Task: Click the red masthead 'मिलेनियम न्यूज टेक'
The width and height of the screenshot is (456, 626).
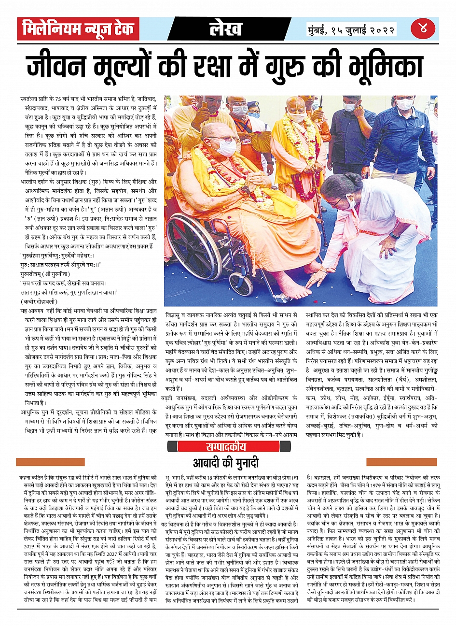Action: [78, 28]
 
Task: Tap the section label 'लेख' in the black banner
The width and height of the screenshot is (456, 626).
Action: [225, 28]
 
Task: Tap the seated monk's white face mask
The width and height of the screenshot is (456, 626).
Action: [226, 147]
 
